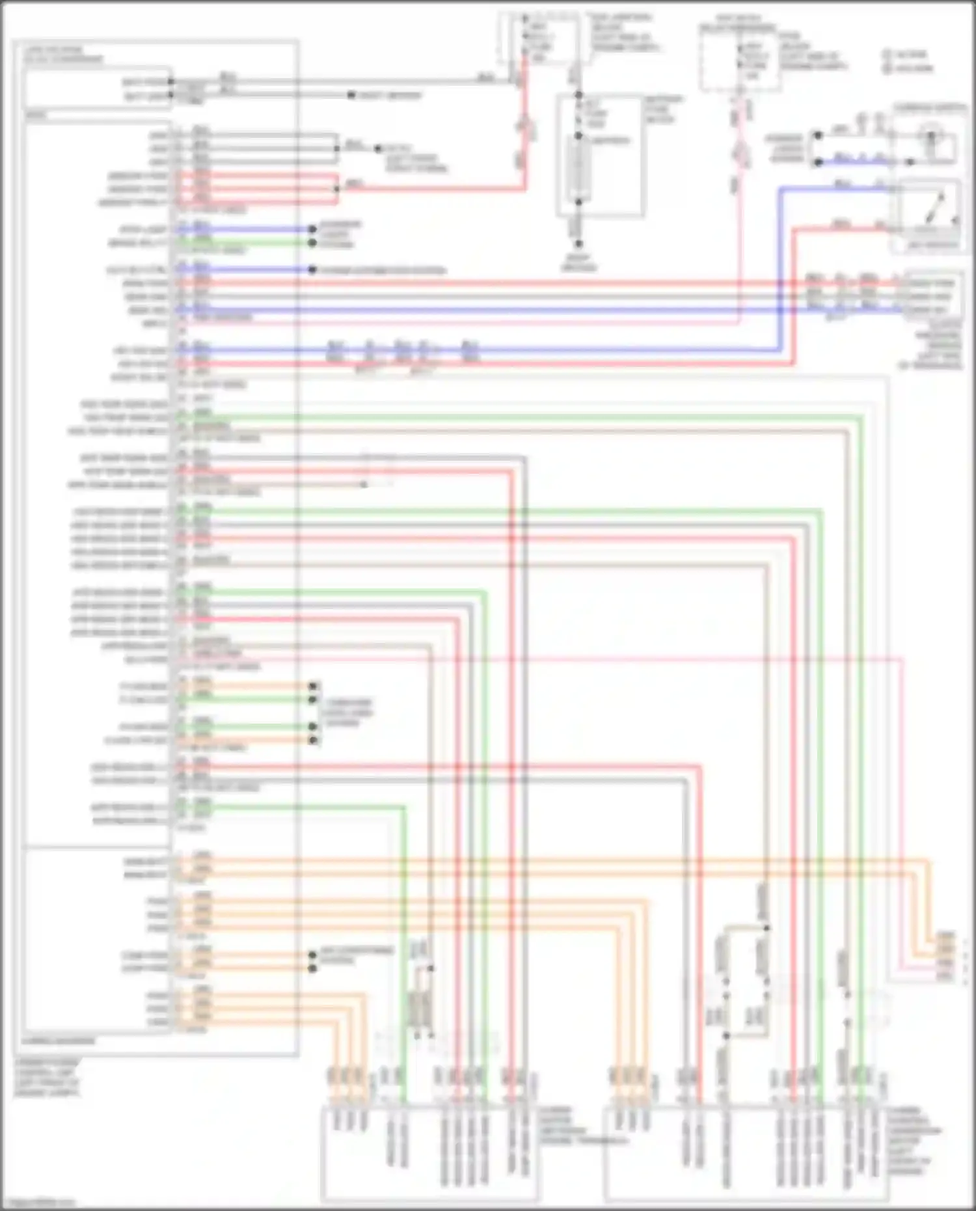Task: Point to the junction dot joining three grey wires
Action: [336, 148]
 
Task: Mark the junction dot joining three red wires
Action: [336, 189]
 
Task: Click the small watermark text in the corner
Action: [38, 1203]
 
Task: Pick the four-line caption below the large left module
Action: [47, 1078]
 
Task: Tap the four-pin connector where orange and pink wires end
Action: [945, 956]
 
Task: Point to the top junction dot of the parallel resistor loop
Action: [766, 928]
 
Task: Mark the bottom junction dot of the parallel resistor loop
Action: [726, 1035]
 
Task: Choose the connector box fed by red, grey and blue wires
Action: [932, 296]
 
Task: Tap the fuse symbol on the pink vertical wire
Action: [740, 156]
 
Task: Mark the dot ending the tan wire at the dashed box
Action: [364, 485]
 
